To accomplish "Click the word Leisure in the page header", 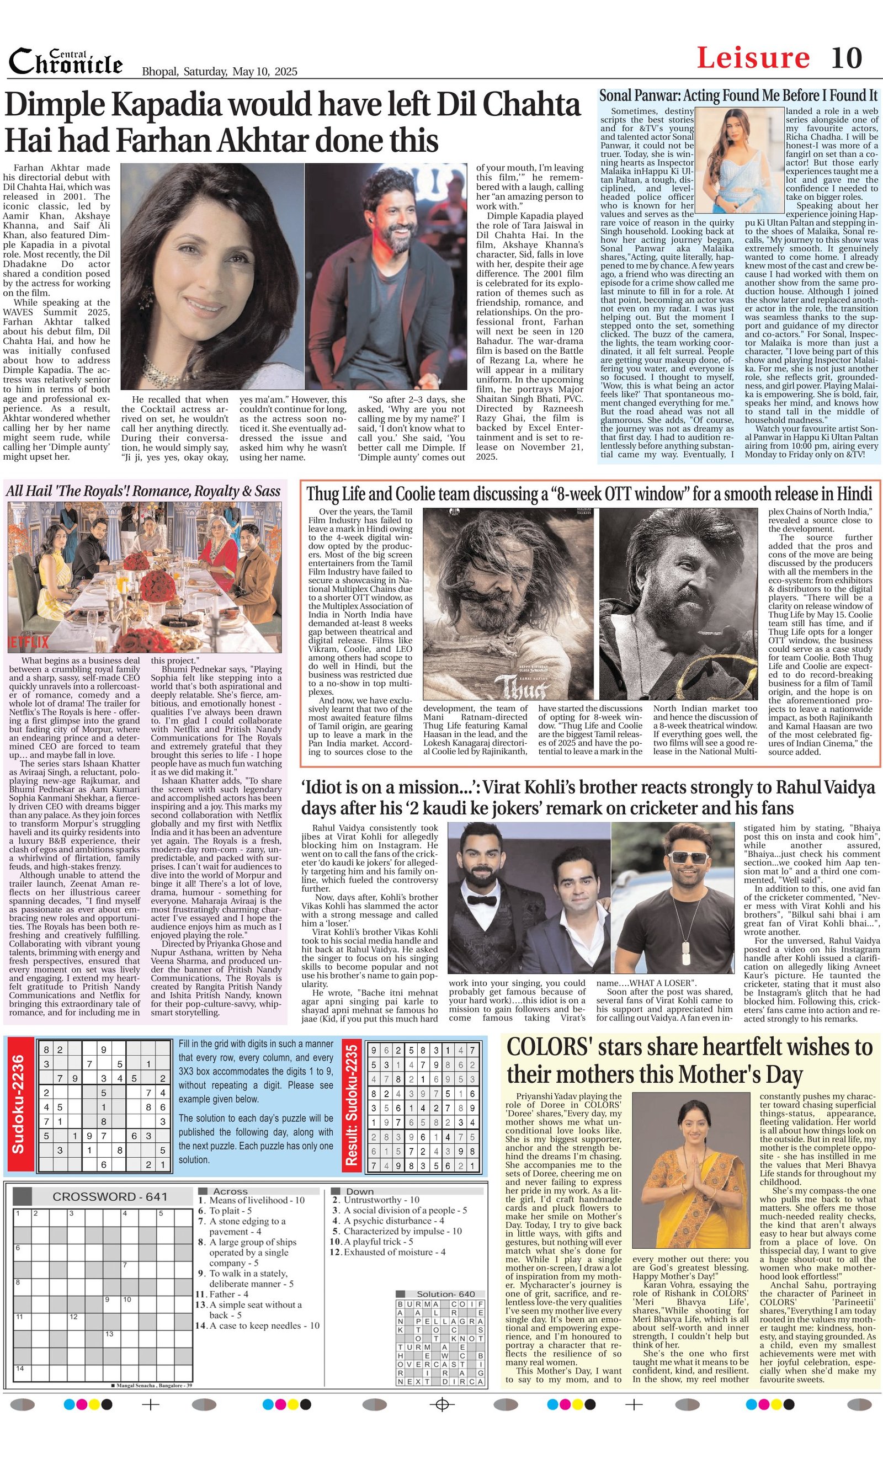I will click(x=753, y=58).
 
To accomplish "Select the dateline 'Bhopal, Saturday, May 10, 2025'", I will click(x=219, y=72).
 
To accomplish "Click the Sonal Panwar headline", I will click(x=738, y=96).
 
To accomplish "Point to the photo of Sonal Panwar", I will click(x=739, y=159).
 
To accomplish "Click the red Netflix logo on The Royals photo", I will click(x=29, y=642).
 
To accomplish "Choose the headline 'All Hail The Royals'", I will click(x=143, y=491).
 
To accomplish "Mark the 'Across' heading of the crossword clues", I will click(x=230, y=1191).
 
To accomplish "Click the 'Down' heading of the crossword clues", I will click(x=359, y=1191).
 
